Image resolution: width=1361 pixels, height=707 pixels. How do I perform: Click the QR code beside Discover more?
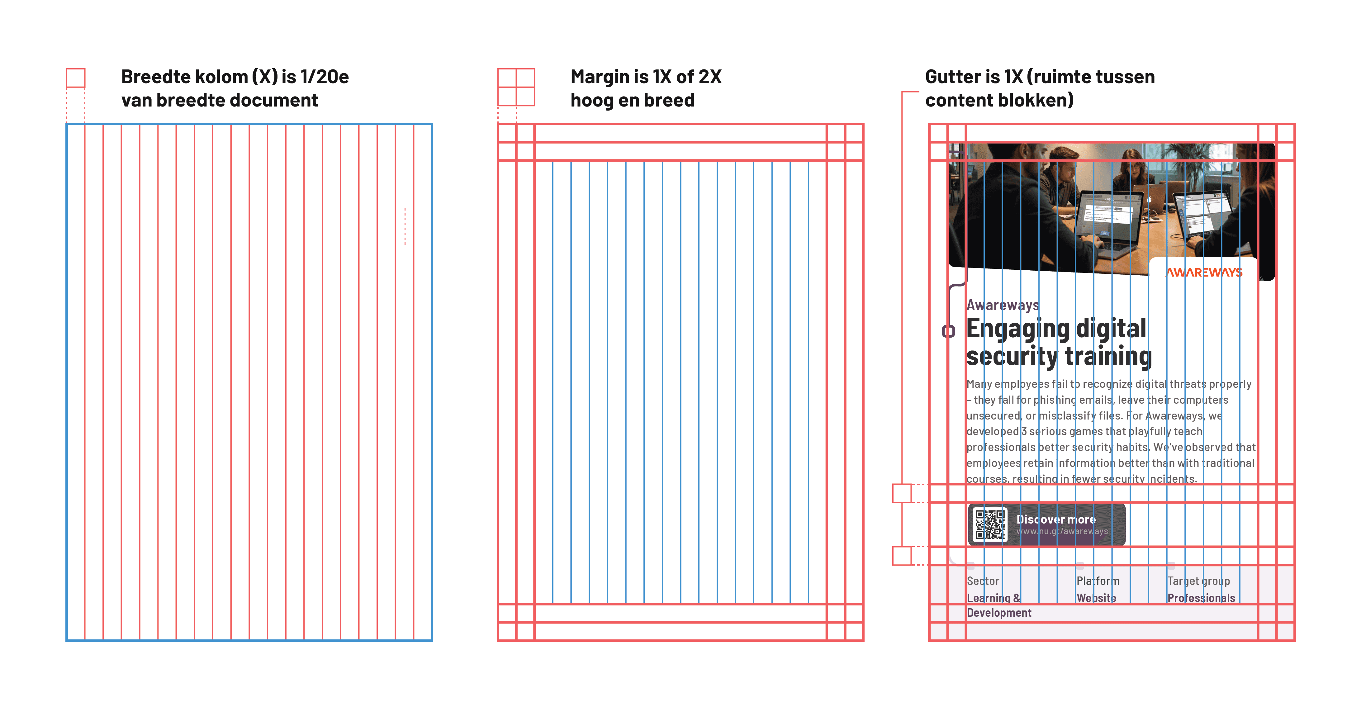coord(989,525)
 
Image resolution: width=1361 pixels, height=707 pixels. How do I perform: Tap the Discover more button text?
coord(1055,520)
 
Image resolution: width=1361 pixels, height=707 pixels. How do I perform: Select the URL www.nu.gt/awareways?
coord(1062,532)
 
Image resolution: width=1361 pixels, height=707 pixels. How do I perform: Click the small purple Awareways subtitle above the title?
coord(1002,306)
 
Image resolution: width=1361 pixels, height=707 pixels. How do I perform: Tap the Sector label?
coord(983,581)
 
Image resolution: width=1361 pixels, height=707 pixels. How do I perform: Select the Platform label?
coord(1097,581)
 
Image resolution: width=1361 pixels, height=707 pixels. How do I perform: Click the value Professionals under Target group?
coord(1201,598)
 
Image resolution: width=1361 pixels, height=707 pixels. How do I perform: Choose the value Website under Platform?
coord(1096,598)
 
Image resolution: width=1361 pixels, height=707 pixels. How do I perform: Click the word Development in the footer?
coord(998,613)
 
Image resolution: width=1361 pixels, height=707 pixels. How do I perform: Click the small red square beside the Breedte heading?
coord(76,78)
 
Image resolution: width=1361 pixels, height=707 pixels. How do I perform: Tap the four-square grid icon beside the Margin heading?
coord(516,87)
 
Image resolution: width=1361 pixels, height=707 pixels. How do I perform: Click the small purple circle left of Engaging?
coord(948,331)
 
